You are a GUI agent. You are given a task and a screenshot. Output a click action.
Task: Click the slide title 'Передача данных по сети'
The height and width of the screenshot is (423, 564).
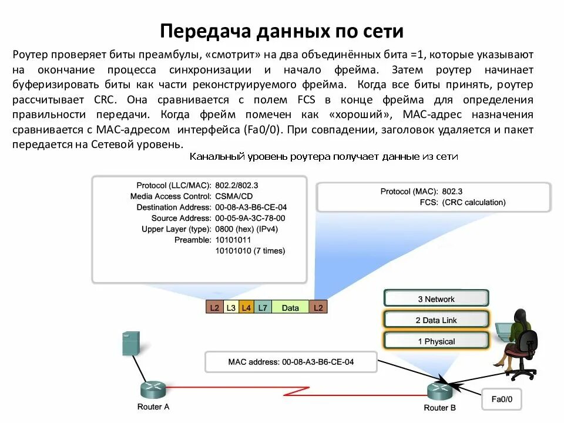click(282, 31)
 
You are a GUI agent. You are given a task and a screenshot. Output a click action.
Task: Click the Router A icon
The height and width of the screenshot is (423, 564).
click(154, 390)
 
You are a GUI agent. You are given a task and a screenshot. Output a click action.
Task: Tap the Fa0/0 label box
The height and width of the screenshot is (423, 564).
click(502, 399)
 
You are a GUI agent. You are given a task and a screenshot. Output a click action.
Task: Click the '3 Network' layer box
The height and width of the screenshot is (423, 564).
click(436, 299)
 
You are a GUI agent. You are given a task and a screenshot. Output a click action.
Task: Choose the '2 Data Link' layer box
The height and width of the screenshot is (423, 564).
click(436, 320)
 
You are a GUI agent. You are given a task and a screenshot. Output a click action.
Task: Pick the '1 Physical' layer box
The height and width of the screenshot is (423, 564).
click(436, 341)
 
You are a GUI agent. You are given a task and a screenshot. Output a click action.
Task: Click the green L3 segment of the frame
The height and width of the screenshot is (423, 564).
click(231, 307)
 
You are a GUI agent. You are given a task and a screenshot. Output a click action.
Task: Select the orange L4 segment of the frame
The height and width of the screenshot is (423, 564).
click(246, 307)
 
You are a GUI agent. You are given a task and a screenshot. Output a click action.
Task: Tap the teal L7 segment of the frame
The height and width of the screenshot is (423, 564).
click(263, 307)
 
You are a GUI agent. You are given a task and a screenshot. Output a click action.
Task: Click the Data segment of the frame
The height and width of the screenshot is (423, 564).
click(290, 307)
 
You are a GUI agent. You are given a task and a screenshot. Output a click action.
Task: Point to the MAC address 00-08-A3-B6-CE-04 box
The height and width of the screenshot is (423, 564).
click(291, 362)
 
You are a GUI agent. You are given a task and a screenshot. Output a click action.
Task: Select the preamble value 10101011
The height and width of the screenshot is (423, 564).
click(233, 240)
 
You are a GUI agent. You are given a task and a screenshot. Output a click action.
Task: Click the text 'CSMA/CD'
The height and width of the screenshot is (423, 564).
click(230, 196)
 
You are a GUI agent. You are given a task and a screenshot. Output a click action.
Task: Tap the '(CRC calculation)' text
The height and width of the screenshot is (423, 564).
click(474, 202)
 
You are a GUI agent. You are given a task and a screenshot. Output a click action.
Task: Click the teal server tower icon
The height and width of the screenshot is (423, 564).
click(130, 343)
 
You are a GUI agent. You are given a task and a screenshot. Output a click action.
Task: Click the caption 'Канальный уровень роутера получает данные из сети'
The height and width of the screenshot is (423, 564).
click(323, 157)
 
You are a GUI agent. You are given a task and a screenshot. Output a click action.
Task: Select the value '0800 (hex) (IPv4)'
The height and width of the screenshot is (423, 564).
click(246, 229)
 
